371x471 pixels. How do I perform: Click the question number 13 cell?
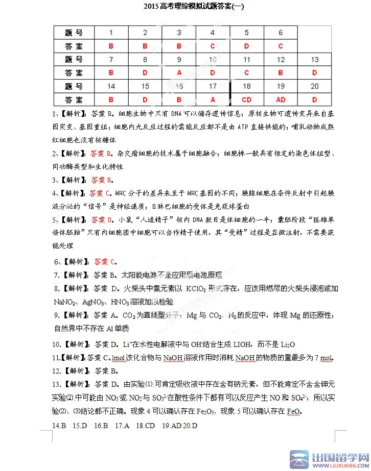pyautogui.click(x=314, y=60)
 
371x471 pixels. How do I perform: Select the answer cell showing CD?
pyautogui.click(x=247, y=100)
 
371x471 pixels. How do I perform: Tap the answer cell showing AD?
pyautogui.click(x=281, y=100)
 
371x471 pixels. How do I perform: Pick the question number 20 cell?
pyautogui.click(x=314, y=86)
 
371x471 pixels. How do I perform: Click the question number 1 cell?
pyautogui.click(x=111, y=33)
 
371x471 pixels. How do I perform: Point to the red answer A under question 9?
pyautogui.click(x=179, y=73)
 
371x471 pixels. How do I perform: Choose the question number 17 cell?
pyautogui.click(x=213, y=86)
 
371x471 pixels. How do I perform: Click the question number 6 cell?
pyautogui.click(x=281, y=33)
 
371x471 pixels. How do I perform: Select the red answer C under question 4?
pyautogui.click(x=213, y=46)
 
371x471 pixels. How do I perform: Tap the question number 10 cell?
pyautogui.click(x=213, y=60)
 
